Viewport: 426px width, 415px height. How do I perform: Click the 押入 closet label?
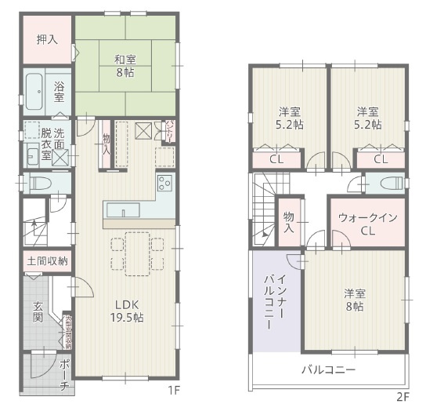click(46, 39)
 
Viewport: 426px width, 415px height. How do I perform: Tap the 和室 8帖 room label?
click(125, 65)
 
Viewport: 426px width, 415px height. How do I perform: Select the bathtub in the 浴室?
click(34, 91)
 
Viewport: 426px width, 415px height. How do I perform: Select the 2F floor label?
click(403, 396)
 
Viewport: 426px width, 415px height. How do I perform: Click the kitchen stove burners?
click(165, 184)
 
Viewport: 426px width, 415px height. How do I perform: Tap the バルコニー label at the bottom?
click(329, 369)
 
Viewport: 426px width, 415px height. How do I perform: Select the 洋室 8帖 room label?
click(354, 300)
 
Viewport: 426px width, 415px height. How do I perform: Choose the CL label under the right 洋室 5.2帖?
click(381, 159)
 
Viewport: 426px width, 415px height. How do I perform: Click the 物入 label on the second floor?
click(288, 222)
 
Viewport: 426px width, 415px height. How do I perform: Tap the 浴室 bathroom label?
click(60, 92)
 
